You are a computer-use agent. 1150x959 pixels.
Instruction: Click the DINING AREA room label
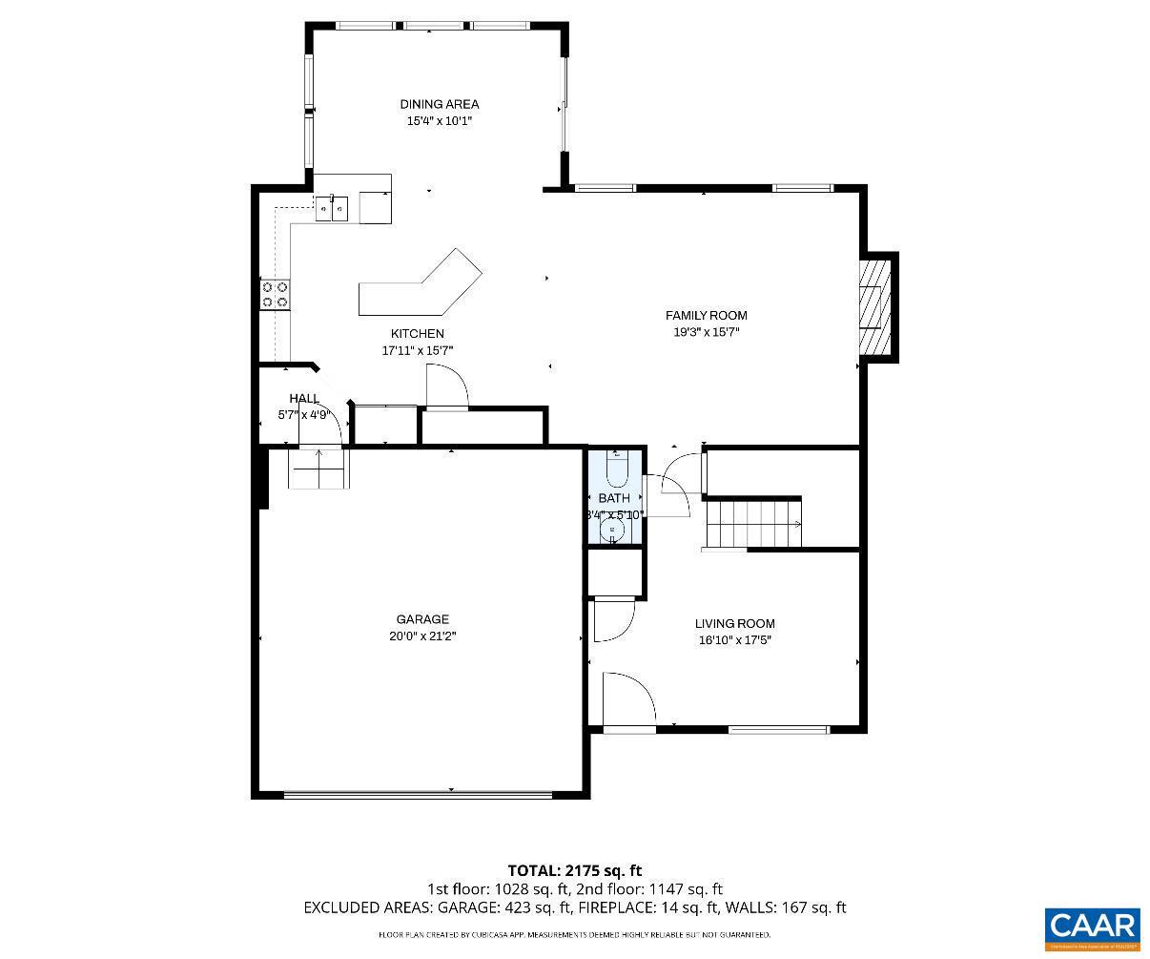[439, 104]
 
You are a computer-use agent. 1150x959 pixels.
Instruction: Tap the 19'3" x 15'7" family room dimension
[706, 332]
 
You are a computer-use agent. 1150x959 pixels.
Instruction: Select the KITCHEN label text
[417, 333]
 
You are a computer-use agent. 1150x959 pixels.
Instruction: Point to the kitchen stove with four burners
[276, 294]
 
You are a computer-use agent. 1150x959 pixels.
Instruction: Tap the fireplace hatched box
[873, 306]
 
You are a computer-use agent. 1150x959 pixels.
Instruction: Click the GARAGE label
[422, 619]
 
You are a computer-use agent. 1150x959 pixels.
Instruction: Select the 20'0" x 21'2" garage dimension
[422, 636]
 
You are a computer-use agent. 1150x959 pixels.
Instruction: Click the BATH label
[614, 498]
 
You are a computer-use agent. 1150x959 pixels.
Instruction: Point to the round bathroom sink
[614, 531]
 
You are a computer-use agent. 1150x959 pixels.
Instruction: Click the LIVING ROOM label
[734, 623]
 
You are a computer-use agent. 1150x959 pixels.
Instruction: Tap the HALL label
[304, 398]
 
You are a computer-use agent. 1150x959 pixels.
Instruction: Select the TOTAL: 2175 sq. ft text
[574, 870]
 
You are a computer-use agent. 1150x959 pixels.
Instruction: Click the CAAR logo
[1092, 928]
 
